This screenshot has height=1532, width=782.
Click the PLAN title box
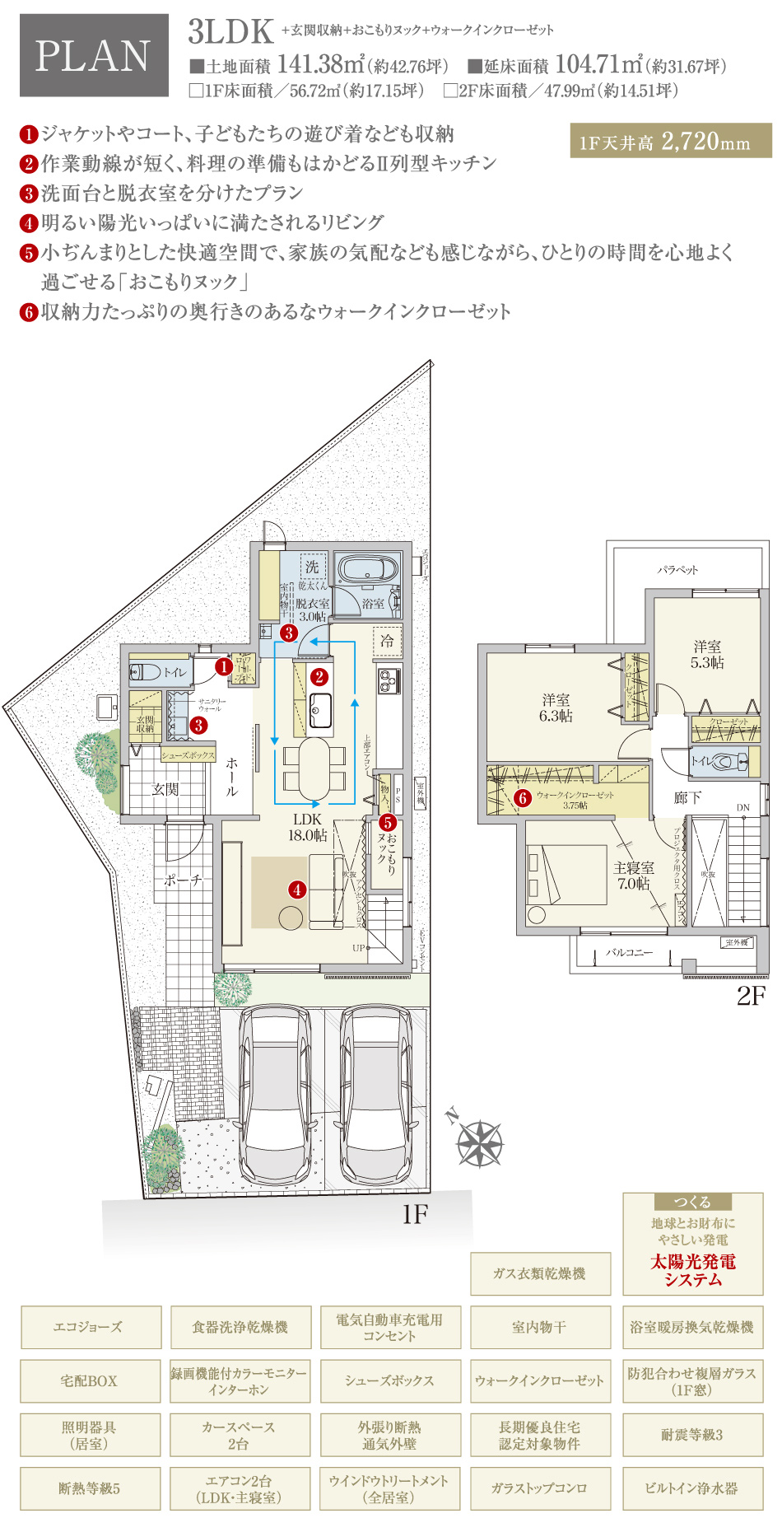(x=93, y=55)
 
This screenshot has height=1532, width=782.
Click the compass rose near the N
(x=479, y=1143)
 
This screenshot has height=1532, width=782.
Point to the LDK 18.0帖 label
(x=307, y=827)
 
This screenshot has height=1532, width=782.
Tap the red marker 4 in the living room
(x=297, y=890)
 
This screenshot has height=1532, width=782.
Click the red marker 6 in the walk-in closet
(x=522, y=797)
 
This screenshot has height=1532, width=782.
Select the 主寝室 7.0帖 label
(x=634, y=875)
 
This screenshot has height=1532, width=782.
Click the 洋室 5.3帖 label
(x=706, y=654)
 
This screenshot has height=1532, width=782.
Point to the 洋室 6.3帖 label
(x=556, y=708)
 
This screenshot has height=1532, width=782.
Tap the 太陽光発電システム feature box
(x=692, y=1244)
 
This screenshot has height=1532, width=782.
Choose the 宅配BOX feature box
(x=90, y=1380)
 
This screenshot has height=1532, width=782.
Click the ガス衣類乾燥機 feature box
(x=539, y=1273)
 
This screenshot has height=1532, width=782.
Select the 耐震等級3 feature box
(x=692, y=1434)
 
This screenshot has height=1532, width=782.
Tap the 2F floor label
(x=751, y=996)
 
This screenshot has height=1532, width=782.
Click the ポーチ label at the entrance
(x=183, y=880)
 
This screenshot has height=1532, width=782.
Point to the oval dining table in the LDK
(x=313, y=768)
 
